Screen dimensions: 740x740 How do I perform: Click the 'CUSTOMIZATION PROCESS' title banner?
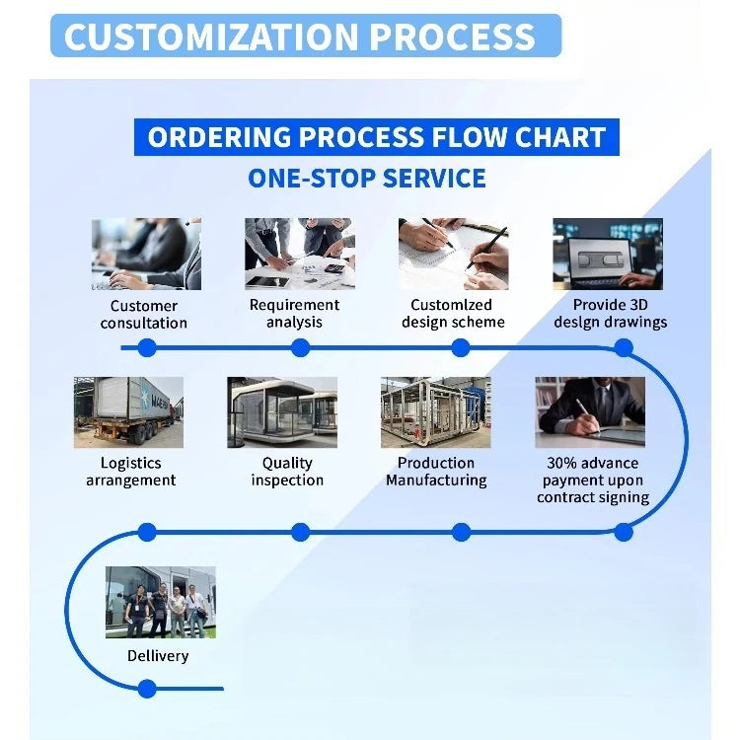[x=306, y=36]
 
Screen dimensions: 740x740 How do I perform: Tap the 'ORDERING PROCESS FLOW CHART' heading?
[x=377, y=137]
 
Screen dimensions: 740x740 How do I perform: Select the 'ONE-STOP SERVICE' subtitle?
[x=367, y=179]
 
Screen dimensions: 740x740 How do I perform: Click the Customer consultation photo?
[x=146, y=254]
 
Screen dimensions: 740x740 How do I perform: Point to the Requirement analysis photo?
[x=300, y=254]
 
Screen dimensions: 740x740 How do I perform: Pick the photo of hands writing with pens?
[x=454, y=254]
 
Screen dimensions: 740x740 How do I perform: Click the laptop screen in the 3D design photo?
[x=600, y=259]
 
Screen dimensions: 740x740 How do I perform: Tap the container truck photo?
[x=129, y=412]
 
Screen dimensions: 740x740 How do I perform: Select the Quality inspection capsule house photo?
[x=282, y=412]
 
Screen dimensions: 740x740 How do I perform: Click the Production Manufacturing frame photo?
[x=436, y=412]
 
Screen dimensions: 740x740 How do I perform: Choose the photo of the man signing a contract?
[x=590, y=412]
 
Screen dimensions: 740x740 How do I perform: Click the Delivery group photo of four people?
[x=161, y=603]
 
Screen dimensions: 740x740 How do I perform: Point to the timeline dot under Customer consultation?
[x=147, y=348]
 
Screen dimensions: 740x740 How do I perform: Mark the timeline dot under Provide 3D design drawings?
[x=624, y=348]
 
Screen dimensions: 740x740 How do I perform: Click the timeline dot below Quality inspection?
[x=301, y=533]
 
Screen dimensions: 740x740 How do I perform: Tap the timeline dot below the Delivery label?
[x=147, y=689]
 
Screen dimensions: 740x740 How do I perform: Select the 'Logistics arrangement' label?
[x=130, y=472]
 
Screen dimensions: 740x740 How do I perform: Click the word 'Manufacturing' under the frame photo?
[x=436, y=481]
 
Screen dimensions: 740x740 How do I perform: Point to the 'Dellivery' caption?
[x=158, y=655]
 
